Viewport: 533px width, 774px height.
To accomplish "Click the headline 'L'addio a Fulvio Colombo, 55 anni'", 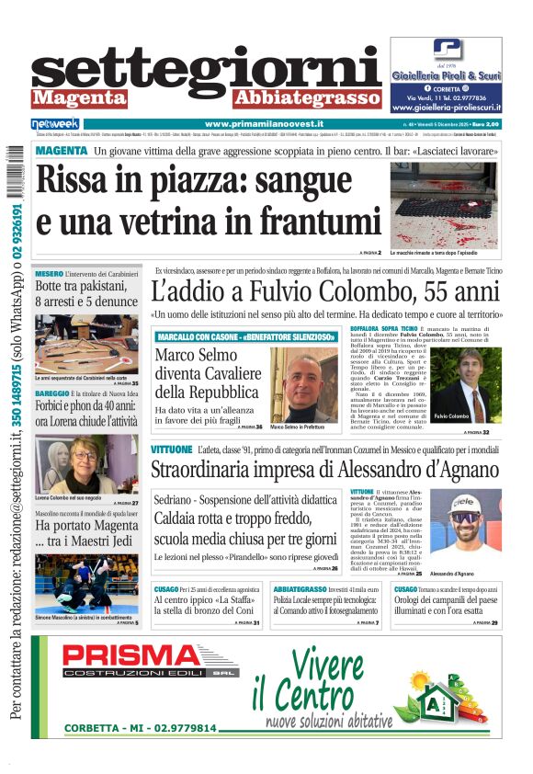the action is coord(325,293).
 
